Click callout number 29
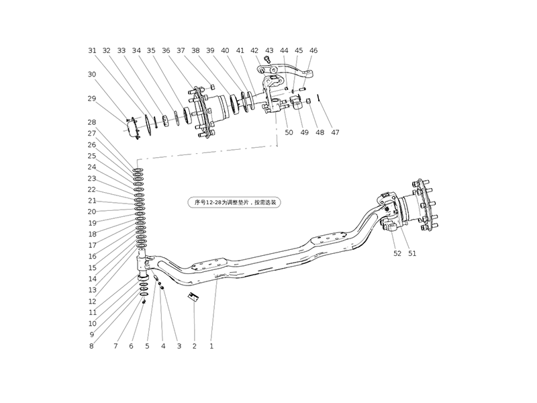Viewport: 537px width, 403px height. [92, 99]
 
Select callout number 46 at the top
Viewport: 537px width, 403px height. [313, 50]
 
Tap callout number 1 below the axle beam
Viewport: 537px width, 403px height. [211, 347]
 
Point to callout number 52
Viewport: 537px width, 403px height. [397, 254]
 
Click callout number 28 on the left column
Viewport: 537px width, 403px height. [92, 122]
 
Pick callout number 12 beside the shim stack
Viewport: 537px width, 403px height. [92, 302]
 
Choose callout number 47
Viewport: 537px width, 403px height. [335, 132]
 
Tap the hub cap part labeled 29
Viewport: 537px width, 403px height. [134, 128]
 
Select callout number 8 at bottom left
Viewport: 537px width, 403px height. [92, 347]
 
